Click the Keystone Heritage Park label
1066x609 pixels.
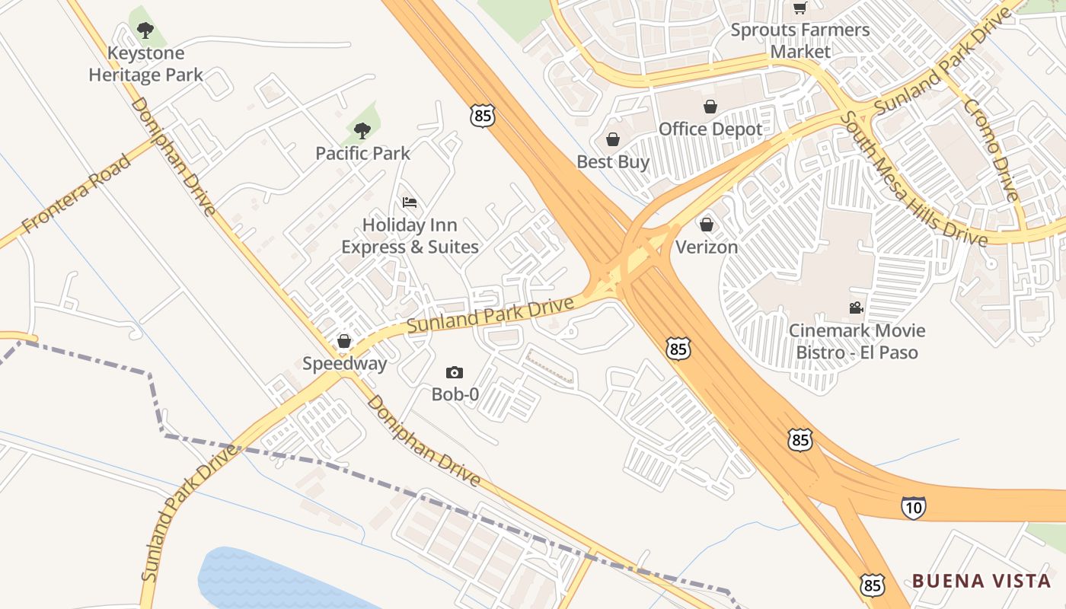click(146, 64)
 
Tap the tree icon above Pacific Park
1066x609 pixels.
click(362, 131)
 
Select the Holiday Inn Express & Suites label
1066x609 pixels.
click(410, 236)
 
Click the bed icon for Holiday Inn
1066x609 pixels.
click(410, 202)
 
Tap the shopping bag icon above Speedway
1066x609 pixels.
click(344, 341)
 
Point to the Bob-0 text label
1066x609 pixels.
click(455, 394)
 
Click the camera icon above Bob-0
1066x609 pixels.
click(455, 372)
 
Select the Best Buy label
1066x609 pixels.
click(613, 161)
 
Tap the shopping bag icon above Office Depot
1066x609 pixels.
click(710, 107)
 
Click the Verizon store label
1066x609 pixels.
click(707, 247)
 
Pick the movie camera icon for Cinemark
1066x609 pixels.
click(857, 308)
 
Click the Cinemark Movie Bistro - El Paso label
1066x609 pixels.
click(857, 342)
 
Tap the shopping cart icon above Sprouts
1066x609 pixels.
click(799, 8)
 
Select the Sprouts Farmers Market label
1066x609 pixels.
click(799, 41)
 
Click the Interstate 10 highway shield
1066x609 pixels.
click(913, 508)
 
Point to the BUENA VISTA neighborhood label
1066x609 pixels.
click(981, 582)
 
